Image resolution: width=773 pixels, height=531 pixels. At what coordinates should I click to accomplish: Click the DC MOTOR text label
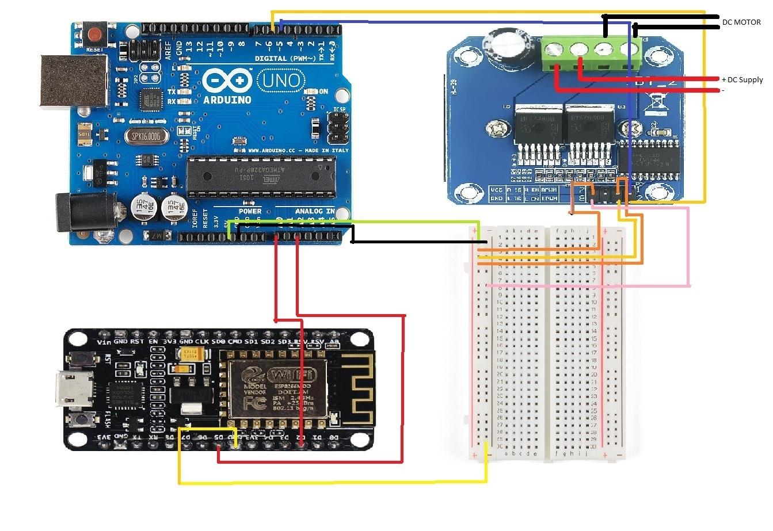click(x=741, y=22)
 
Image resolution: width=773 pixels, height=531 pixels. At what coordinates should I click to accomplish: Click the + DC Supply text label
click(x=742, y=79)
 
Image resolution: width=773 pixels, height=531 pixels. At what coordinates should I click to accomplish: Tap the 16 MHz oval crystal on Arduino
click(x=146, y=136)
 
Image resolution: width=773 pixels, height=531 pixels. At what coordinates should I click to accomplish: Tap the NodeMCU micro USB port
click(x=71, y=390)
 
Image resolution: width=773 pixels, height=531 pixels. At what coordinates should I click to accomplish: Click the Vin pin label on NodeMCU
click(x=104, y=342)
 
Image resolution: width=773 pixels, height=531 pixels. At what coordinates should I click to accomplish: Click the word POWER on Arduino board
click(x=250, y=211)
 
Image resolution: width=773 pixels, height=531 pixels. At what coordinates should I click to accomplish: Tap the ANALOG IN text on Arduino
click(x=315, y=211)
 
